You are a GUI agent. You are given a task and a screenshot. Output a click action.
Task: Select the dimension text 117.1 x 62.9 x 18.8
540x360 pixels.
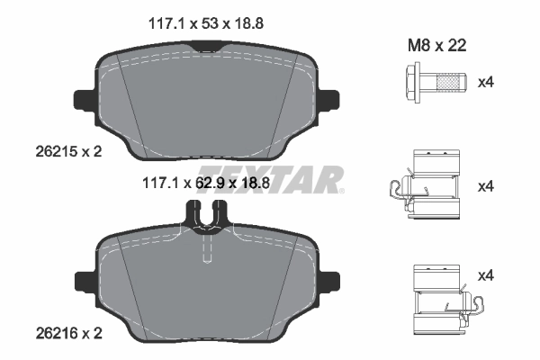pyautogui.click(x=206, y=184)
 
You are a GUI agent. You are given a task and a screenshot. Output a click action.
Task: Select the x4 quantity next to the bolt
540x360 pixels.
pyautogui.click(x=486, y=83)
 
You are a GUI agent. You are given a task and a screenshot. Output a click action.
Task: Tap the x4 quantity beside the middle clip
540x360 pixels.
pyautogui.click(x=486, y=186)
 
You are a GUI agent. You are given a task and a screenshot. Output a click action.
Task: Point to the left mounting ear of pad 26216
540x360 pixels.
pyautogui.click(x=85, y=281)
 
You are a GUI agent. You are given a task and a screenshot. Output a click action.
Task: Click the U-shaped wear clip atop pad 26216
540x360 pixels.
pyautogui.click(x=206, y=214)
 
